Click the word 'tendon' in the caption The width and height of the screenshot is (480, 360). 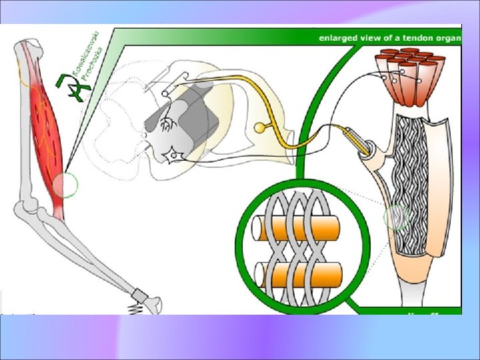click(415, 37)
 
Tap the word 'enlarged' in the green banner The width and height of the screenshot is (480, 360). click(337, 37)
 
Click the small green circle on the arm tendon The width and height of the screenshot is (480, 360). click(65, 185)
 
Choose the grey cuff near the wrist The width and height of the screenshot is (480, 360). click(140, 296)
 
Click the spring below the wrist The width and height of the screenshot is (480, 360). click(136, 309)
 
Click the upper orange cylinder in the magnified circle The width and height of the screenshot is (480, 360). click(297, 229)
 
